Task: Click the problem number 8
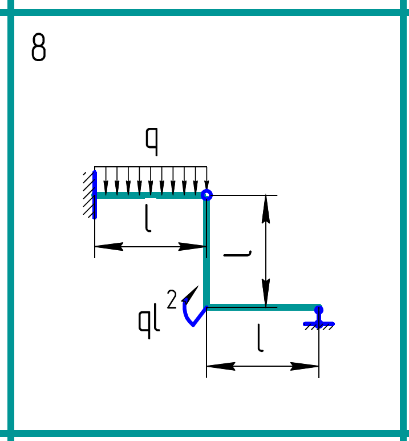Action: pos(38,47)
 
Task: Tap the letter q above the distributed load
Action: pos(151,142)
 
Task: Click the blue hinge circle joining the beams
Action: pos(206,195)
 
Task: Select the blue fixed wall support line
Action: pos(95,194)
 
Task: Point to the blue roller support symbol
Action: pos(319,316)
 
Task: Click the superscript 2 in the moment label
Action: pos(172,299)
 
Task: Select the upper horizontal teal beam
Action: pos(149,195)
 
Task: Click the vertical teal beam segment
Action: pos(206,251)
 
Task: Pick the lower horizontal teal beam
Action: pos(262,307)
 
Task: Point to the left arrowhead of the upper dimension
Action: pos(108,247)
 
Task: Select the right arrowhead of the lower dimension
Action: pos(305,366)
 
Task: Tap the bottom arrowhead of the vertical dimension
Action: pos(265,294)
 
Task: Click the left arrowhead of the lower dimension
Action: pos(220,366)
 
